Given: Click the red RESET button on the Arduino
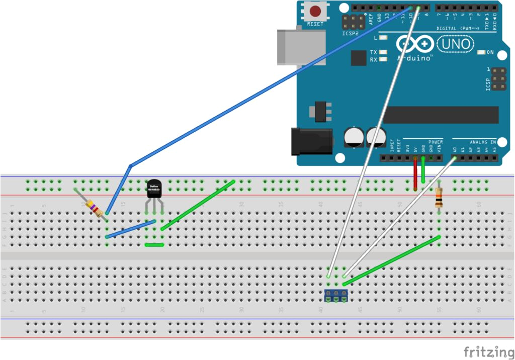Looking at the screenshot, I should [315, 11].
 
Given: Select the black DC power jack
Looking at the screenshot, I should [312, 141].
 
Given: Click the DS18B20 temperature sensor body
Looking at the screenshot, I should [154, 189].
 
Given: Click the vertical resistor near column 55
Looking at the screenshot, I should [439, 199].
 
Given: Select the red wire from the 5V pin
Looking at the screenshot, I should [415, 173].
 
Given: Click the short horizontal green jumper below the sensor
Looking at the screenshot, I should [154, 245].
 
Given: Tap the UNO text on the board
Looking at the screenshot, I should [456, 45].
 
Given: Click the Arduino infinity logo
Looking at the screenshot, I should [415, 45].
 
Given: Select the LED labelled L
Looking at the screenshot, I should [384, 38].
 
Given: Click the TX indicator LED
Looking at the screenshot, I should [384, 52].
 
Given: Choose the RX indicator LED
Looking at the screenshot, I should [384, 59].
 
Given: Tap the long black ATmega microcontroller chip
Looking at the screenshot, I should [441, 115].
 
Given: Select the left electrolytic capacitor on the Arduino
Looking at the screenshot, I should [354, 137].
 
